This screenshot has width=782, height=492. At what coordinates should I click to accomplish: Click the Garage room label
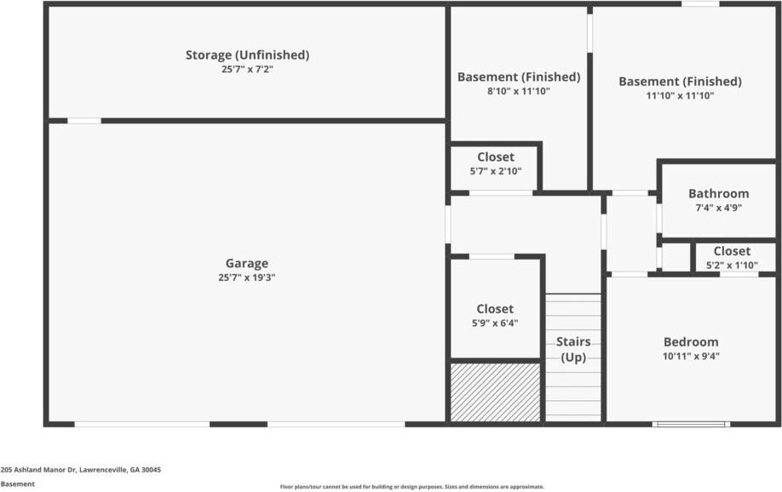[x=246, y=264]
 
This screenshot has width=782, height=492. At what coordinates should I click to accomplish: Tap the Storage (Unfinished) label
[x=247, y=55]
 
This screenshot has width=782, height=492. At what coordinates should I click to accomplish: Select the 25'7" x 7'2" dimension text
[x=247, y=70]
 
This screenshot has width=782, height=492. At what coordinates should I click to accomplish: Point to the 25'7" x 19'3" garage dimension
[x=246, y=277]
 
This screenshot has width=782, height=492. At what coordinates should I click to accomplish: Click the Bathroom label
[x=718, y=193]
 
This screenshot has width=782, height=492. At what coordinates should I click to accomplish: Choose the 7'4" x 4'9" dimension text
[x=718, y=207]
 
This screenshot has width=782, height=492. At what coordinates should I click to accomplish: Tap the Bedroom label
[x=691, y=342]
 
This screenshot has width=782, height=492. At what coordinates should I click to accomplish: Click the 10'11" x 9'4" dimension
[x=691, y=357]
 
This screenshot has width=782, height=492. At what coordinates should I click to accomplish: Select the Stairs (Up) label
[x=573, y=350]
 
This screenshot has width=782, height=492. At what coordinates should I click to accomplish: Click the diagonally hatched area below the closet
[x=495, y=392]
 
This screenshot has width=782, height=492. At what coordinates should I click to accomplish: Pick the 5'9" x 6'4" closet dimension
[x=495, y=323]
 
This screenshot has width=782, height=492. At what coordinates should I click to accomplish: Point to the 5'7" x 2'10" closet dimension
[x=495, y=171]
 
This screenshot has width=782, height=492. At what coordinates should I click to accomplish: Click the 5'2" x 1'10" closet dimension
[x=732, y=265]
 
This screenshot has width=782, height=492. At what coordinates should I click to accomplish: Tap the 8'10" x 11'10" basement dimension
[x=518, y=91]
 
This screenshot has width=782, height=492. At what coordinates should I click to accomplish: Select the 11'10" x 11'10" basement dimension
[x=680, y=96]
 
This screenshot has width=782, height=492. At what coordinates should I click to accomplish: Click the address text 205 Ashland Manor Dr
[x=81, y=470]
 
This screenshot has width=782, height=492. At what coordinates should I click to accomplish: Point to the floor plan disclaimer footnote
[x=411, y=487]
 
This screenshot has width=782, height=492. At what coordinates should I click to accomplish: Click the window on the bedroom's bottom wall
[x=691, y=423]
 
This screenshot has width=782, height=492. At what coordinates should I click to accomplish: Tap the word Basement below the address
[x=18, y=484]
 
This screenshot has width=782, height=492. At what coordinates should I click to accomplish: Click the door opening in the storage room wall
[x=84, y=121]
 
